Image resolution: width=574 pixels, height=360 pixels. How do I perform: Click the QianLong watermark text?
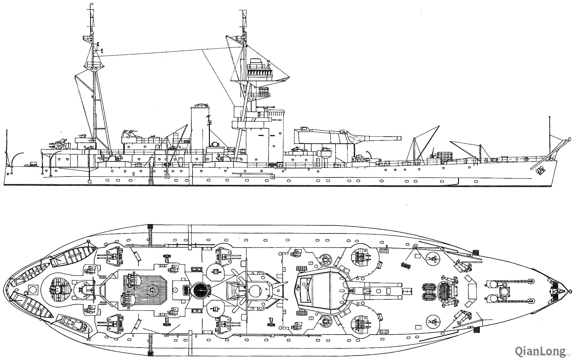point(540,351)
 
